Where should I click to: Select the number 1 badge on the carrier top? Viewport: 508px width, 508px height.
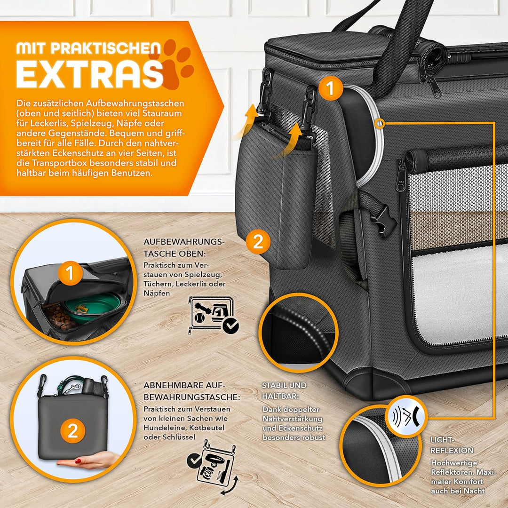pos(331,88)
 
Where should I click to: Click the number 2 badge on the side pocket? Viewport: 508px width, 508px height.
pos(258,242)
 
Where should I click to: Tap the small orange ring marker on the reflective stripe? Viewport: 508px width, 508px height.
pos(379,124)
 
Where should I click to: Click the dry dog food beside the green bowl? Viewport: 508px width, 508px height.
pos(60,317)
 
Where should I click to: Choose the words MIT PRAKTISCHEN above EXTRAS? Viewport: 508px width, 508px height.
pos(88,48)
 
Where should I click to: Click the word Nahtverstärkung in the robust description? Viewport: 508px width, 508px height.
pos(292,419)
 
